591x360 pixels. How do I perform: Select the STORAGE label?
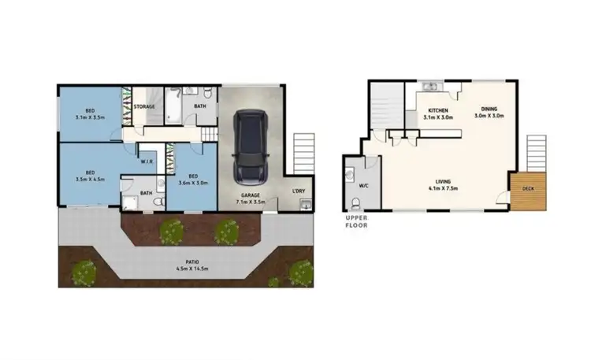pyautogui.click(x=144, y=106)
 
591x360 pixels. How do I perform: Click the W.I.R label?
pyautogui.click(x=147, y=163)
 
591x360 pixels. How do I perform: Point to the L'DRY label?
pyautogui.click(x=299, y=191)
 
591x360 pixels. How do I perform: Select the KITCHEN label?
pyautogui.click(x=438, y=110)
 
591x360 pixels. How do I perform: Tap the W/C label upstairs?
pyautogui.click(x=364, y=186)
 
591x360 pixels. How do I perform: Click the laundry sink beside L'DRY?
pyautogui.click(x=304, y=205)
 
